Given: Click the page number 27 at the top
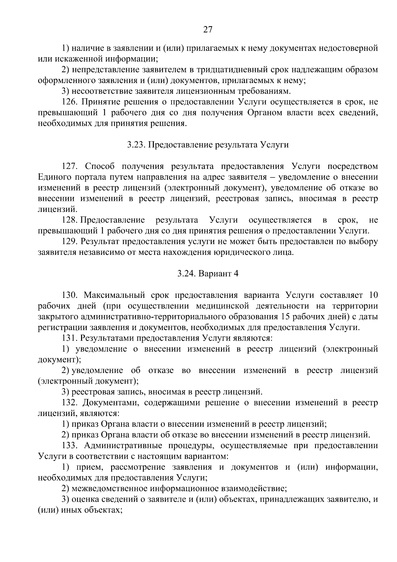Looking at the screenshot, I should pyautogui.click(x=207, y=29).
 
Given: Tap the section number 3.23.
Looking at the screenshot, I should pyautogui.click(x=136, y=145).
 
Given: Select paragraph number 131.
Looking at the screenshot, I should pyautogui.click(x=70, y=338).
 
